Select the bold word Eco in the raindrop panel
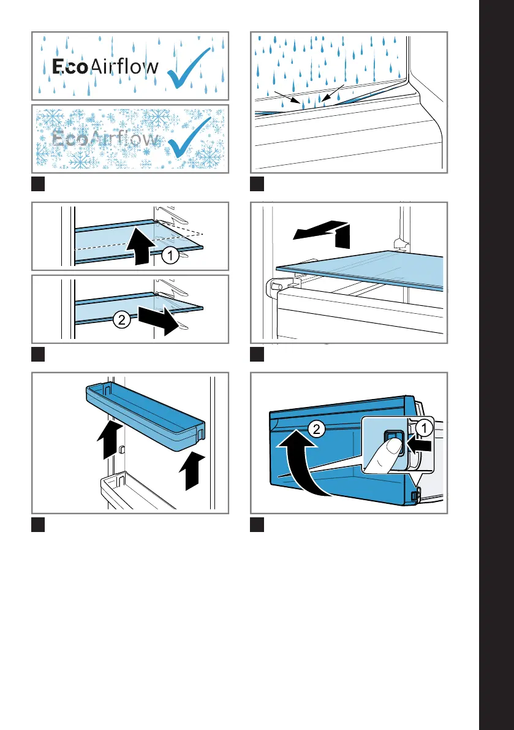(70, 67)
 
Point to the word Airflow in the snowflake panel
(124, 138)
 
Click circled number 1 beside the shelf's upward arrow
(170, 256)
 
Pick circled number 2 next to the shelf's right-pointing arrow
(121, 320)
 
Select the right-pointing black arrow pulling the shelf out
(158, 320)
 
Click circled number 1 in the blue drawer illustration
(424, 428)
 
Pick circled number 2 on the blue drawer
(316, 429)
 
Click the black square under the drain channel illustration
(257, 183)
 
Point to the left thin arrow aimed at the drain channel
(287, 97)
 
